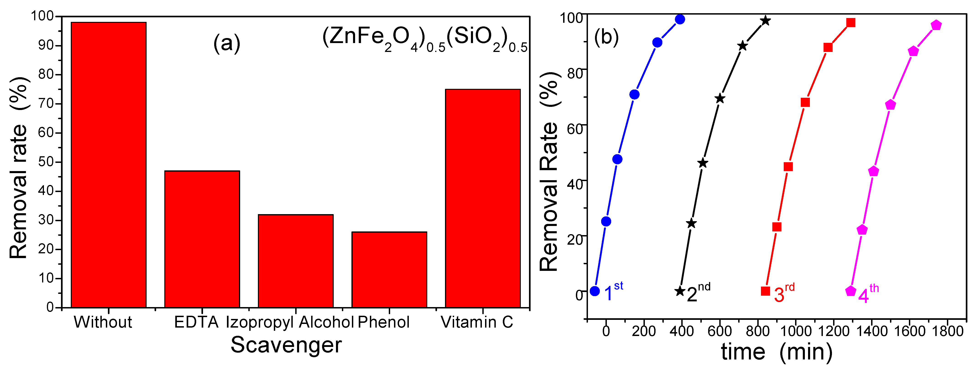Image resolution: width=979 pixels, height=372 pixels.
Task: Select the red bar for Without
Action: click(109, 165)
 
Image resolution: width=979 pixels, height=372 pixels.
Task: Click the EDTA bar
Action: click(202, 239)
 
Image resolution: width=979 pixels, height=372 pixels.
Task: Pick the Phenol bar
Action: click(389, 269)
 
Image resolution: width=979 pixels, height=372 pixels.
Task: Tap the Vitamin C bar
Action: click(483, 198)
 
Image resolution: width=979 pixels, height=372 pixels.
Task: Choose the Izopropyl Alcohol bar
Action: click(296, 261)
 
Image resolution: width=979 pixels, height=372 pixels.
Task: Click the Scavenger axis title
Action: click(286, 345)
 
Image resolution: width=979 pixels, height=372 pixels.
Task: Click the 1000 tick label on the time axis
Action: click(796, 331)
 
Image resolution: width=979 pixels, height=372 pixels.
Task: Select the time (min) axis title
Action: click(776, 352)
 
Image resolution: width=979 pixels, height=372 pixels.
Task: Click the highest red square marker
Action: click(851, 23)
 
